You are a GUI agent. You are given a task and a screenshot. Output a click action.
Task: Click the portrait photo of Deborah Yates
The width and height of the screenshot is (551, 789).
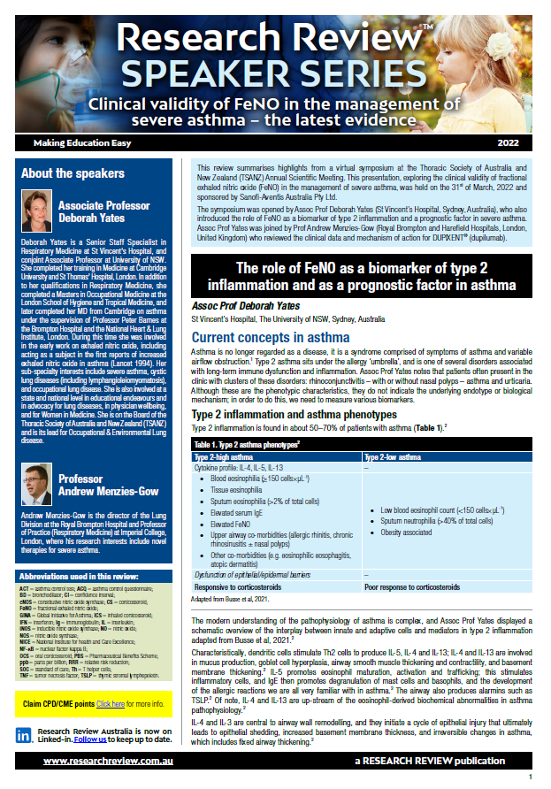tap(36, 211)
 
